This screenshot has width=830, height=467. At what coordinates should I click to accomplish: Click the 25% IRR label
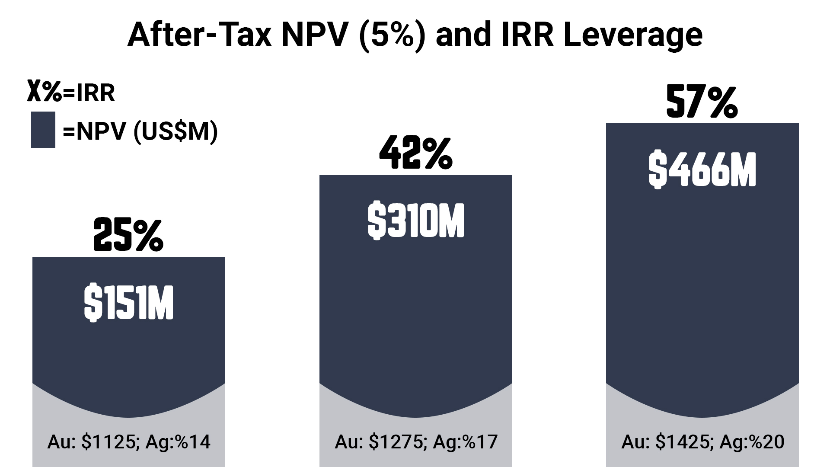point(128,236)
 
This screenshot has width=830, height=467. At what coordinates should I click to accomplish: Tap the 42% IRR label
point(415,153)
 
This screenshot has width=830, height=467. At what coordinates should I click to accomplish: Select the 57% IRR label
point(702,102)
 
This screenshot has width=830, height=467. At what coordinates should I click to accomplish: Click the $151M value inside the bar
point(128,303)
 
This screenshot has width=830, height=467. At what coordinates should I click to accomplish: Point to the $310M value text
point(415,221)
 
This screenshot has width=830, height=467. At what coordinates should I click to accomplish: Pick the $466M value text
point(702,170)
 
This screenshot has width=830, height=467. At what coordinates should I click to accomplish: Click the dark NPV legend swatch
point(43,130)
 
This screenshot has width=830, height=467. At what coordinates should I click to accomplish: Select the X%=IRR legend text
point(71,92)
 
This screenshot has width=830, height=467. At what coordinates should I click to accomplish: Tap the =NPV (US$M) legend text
point(140,131)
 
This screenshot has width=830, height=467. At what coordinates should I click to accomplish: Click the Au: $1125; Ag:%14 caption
point(128,442)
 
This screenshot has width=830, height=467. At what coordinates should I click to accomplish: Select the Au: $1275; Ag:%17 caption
point(415,442)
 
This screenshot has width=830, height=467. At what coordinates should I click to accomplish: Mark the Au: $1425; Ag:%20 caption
point(702,442)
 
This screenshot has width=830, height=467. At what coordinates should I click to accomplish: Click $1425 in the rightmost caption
point(682,442)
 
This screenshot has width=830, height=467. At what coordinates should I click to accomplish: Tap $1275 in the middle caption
point(396,442)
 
